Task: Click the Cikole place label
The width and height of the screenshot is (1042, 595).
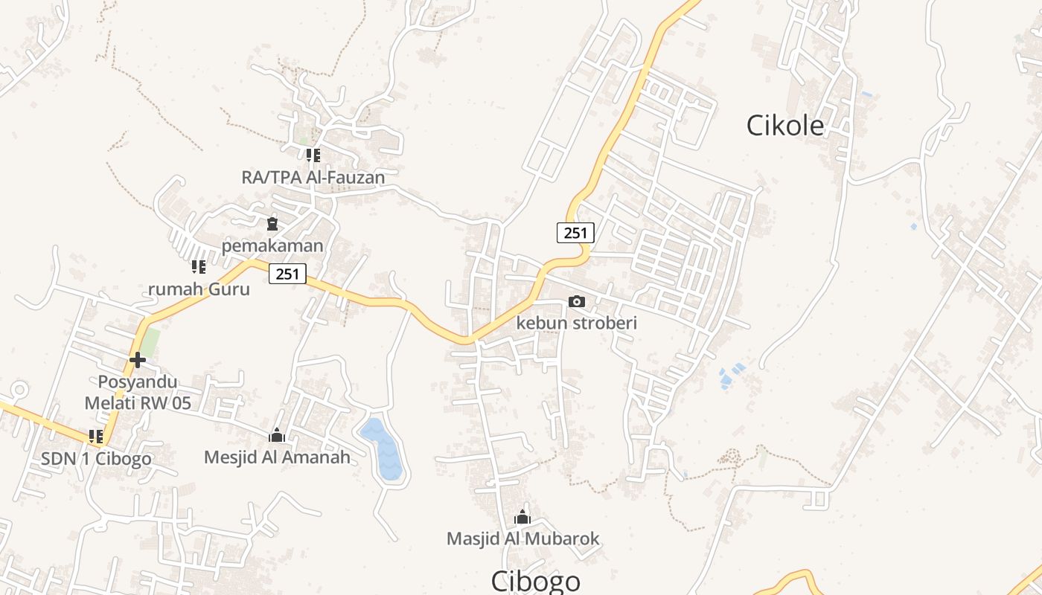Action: [785, 126]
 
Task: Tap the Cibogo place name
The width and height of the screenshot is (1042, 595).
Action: [535, 581]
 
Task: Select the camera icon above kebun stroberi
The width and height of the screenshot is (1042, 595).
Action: [576, 301]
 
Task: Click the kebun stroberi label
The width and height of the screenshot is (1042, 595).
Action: [577, 324]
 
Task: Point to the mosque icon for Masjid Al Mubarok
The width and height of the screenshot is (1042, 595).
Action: [522, 517]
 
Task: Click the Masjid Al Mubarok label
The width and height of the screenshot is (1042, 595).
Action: [522, 538]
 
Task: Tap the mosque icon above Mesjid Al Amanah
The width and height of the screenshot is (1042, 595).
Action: [277, 435]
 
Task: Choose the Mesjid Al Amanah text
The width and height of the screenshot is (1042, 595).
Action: [277, 457]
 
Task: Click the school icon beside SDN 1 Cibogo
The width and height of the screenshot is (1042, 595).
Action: [96, 437]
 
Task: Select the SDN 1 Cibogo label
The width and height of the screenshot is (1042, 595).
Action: [96, 458]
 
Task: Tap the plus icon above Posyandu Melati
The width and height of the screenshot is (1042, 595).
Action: [137, 360]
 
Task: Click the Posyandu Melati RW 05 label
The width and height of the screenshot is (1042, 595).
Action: [137, 393]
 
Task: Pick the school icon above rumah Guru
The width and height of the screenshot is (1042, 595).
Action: [199, 266]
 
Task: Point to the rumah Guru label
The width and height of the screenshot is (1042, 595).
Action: [199, 289]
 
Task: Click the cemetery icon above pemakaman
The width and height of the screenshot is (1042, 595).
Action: [272, 223]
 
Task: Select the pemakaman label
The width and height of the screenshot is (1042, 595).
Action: [272, 245]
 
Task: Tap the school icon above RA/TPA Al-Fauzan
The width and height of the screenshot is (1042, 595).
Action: [313, 155]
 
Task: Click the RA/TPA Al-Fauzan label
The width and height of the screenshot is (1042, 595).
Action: [313, 177]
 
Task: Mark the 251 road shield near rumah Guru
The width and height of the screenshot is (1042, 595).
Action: [287, 274]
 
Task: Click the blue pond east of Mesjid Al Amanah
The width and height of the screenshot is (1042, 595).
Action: [383, 448]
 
